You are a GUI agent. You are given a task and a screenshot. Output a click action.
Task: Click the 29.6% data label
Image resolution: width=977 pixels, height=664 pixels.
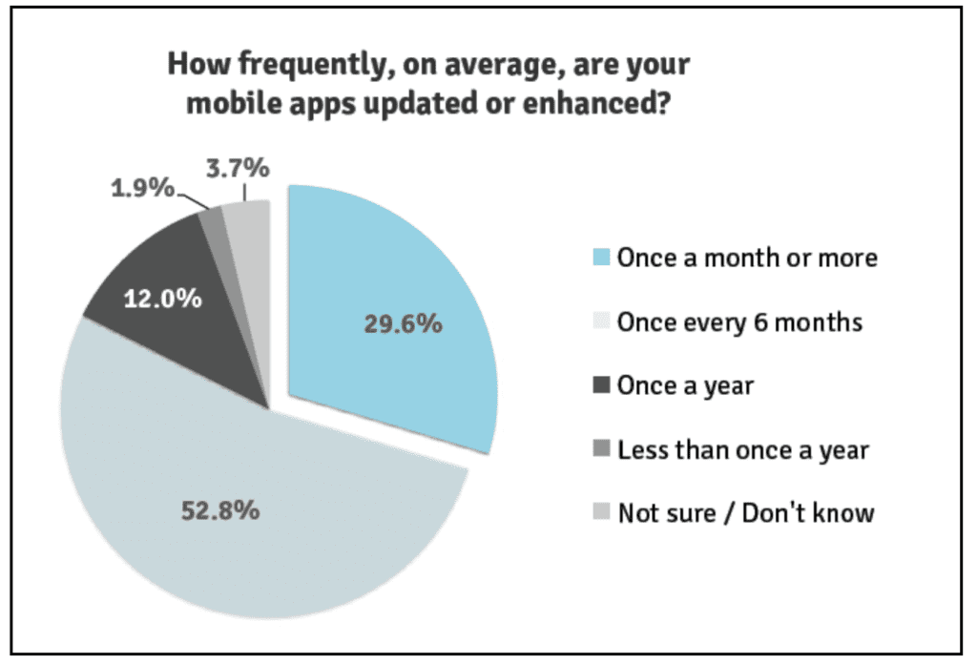pos(404,324)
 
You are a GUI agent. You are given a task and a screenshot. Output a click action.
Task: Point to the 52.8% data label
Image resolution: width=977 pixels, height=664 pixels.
pos(220,510)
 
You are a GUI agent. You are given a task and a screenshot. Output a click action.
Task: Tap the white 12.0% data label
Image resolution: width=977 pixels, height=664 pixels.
pos(162,299)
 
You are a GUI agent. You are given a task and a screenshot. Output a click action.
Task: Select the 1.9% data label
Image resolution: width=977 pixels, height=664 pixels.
pos(143,188)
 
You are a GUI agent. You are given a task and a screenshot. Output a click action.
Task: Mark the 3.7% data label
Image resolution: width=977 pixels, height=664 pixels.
pos(238,168)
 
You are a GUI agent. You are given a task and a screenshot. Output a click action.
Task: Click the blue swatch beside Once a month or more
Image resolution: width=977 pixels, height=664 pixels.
pos(601,258)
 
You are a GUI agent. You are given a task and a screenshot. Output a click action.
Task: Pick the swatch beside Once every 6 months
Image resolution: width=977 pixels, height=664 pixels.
pos(601,322)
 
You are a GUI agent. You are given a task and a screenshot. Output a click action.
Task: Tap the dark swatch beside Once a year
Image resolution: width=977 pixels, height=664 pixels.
pos(601,384)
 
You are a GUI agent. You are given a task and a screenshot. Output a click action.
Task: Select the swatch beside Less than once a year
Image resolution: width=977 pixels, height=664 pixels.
pos(601,448)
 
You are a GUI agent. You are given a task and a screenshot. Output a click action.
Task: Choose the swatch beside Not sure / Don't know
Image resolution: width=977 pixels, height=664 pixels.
pos(601,512)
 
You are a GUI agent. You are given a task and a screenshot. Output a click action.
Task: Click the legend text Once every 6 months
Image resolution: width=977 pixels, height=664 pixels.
pos(739,322)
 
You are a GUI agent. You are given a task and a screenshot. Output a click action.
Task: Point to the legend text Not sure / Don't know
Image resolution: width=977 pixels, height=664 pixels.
pos(746,513)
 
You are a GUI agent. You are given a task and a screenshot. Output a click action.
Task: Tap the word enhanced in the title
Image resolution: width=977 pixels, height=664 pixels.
pos(595,102)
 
